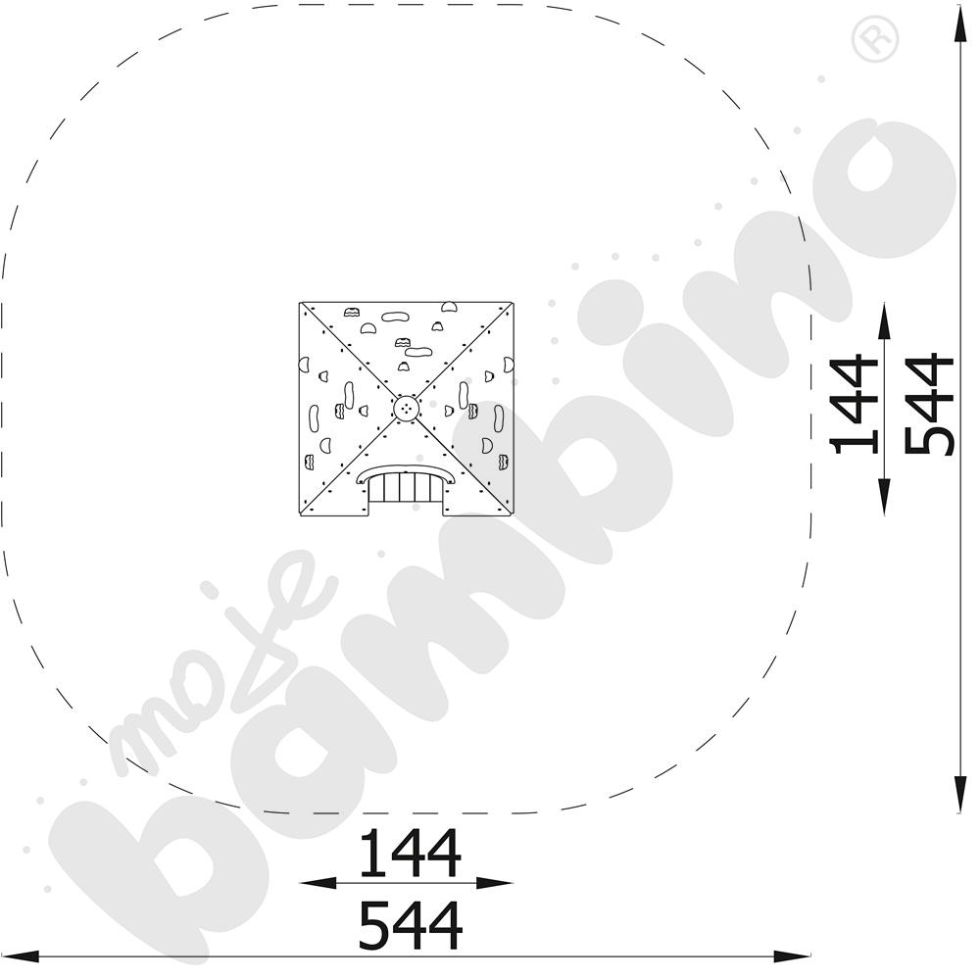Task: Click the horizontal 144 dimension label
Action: tap(410, 853)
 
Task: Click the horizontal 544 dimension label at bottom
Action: tap(410, 925)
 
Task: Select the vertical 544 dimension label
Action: tap(930, 404)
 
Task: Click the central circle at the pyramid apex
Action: tap(407, 409)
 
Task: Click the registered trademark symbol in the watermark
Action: tap(874, 38)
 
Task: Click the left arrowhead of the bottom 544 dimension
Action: tap(20, 956)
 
